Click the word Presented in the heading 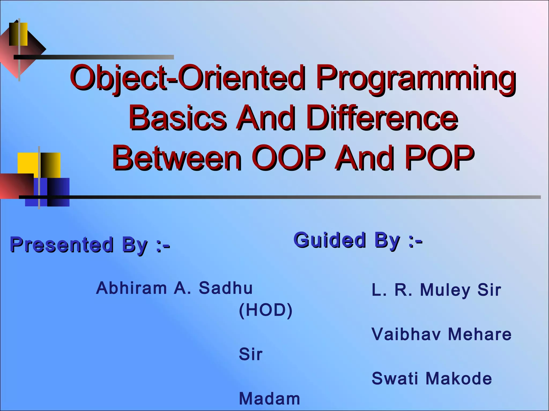62,245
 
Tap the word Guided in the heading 330,240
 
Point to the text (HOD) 265,310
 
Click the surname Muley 445,290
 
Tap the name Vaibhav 406,334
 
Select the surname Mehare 480,334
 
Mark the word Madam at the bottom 269,399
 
